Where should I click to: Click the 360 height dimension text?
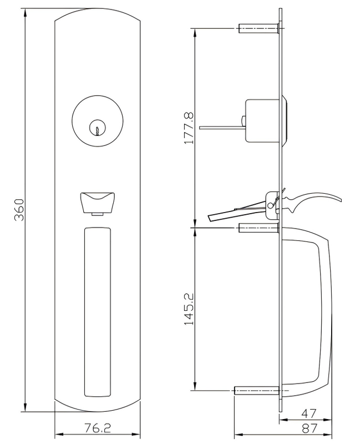click(18, 210)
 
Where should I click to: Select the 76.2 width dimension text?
click(97, 428)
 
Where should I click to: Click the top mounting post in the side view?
click(258, 28)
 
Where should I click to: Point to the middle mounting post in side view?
click(258, 227)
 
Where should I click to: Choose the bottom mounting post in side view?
click(256, 391)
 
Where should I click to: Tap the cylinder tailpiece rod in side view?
click(219, 128)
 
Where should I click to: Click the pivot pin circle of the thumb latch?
click(270, 205)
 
